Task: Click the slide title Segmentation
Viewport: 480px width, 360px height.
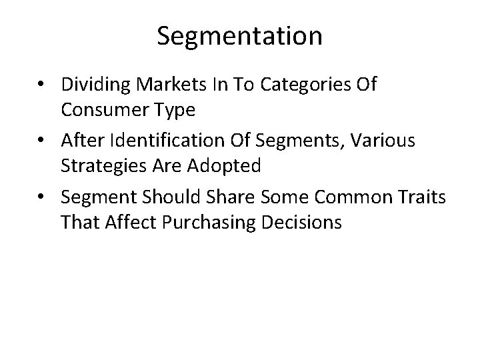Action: coord(240,36)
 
